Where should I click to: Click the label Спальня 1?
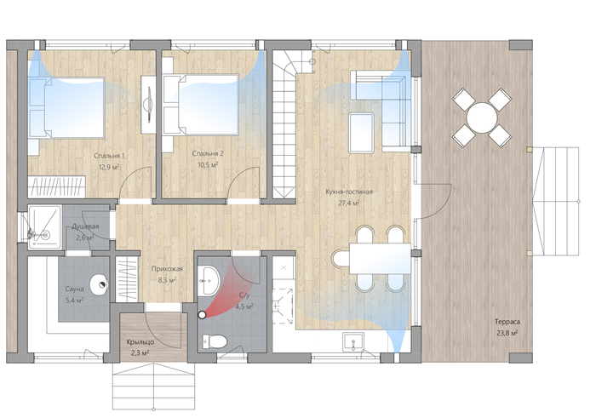click(109, 156)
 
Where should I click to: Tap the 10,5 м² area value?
click(208, 165)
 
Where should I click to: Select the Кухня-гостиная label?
click(349, 192)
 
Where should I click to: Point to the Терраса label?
click(507, 322)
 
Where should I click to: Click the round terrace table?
click(482, 117)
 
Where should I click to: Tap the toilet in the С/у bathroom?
click(215, 341)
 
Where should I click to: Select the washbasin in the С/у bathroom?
click(209, 280)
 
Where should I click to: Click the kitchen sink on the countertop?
click(353, 341)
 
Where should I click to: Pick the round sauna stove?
click(100, 284)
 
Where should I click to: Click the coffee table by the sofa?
click(362, 133)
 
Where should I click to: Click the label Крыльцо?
click(140, 342)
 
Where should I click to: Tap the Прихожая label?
click(167, 269)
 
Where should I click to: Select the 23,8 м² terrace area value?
click(507, 333)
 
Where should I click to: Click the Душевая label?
click(85, 226)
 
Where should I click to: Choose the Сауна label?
click(74, 289)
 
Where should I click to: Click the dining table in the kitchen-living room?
click(380, 259)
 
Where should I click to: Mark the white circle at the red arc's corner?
click(202, 315)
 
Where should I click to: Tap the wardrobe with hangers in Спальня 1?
click(57, 187)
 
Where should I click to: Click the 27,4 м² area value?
click(349, 203)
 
